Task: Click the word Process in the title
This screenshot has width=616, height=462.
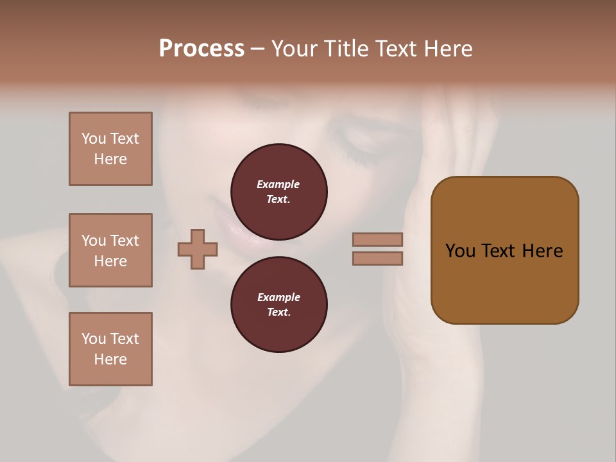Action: pyautogui.click(x=201, y=49)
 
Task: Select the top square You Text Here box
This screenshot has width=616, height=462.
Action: pyautogui.click(x=110, y=149)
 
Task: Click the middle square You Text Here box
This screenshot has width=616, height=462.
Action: pyautogui.click(x=110, y=250)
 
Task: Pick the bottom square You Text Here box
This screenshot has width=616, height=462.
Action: pyautogui.click(x=110, y=349)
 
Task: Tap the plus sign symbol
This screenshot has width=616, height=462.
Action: pyautogui.click(x=198, y=249)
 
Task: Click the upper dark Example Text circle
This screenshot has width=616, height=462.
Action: pyautogui.click(x=279, y=192)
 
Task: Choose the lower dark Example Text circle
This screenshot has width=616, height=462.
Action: pyautogui.click(x=279, y=305)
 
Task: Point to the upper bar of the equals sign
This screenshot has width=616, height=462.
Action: pyautogui.click(x=377, y=239)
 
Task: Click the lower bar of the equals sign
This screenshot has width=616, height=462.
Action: pyautogui.click(x=377, y=258)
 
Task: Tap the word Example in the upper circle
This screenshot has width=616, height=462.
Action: pyautogui.click(x=278, y=184)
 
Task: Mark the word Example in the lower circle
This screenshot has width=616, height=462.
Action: pyautogui.click(x=278, y=297)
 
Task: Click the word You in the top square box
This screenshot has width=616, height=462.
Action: pyautogui.click(x=94, y=139)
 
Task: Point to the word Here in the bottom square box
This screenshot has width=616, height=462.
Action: pyautogui.click(x=110, y=359)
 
